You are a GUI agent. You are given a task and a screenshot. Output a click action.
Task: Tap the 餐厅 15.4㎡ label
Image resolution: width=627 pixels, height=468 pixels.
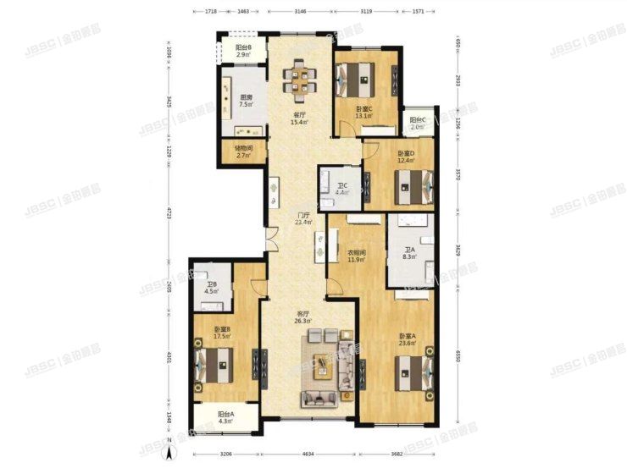pyautogui.click(x=298, y=119)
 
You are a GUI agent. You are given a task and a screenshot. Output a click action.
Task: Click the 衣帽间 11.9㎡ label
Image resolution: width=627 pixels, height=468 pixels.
pyautogui.click(x=357, y=256)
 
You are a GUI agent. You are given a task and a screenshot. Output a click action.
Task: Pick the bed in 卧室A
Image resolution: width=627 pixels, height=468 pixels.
pyautogui.click(x=413, y=370)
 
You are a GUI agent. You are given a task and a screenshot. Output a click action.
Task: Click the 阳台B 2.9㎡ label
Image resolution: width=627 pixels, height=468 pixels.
pyautogui.click(x=243, y=51)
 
